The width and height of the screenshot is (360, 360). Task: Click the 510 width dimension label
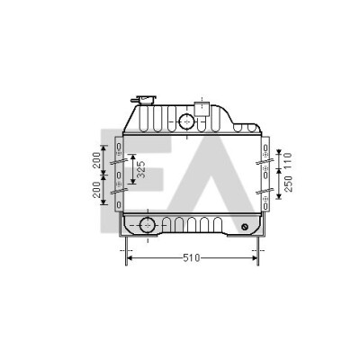(192, 257)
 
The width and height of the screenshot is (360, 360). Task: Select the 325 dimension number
(141, 169)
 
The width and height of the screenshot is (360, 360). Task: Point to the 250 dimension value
(288, 184)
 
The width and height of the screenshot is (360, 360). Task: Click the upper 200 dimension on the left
(96, 160)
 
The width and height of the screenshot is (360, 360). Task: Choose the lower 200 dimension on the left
(96, 190)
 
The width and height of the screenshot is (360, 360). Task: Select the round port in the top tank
(186, 121)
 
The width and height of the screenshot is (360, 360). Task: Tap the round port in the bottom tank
(148, 225)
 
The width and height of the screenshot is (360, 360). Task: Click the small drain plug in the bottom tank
(245, 227)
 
